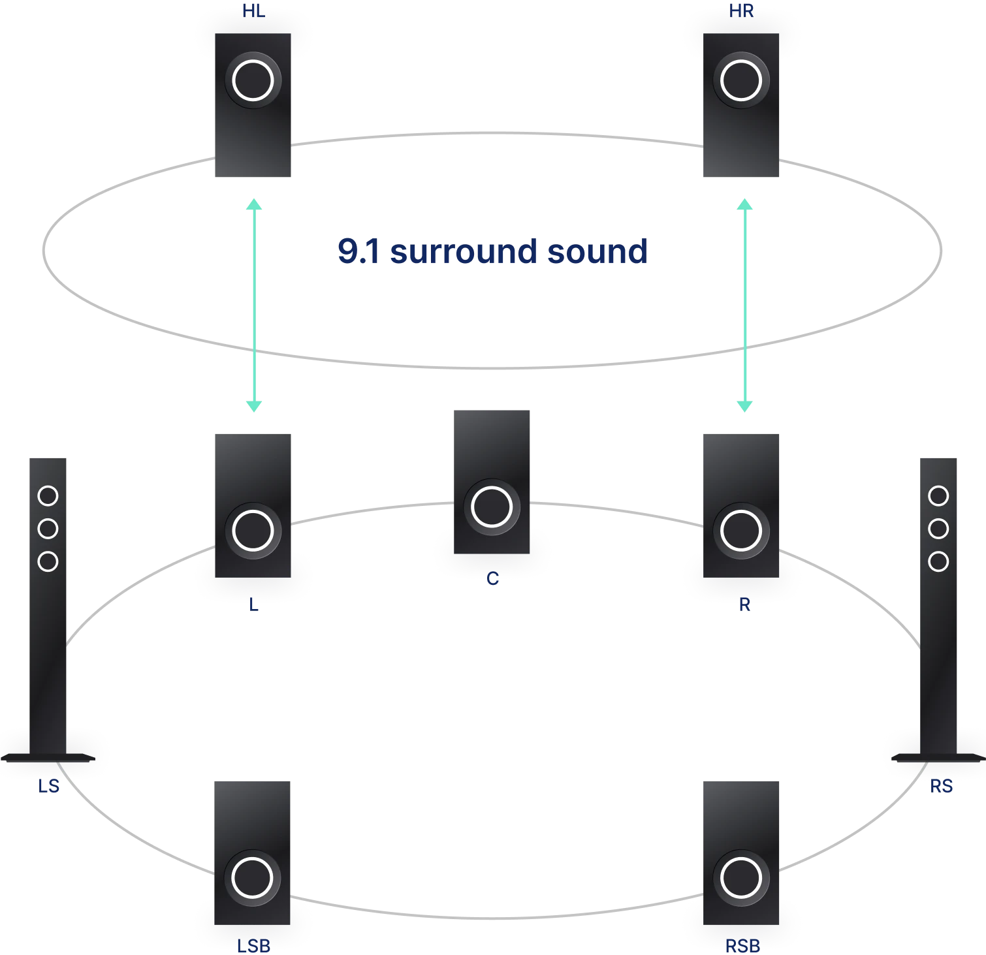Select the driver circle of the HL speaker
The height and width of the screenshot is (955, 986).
click(x=253, y=81)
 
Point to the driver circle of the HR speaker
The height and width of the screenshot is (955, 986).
click(x=741, y=81)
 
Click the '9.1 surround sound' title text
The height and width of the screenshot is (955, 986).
click(x=491, y=252)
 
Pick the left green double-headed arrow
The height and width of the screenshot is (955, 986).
click(x=254, y=305)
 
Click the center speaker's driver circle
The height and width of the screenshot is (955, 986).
click(x=491, y=507)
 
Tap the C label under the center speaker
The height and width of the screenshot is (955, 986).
click(x=493, y=579)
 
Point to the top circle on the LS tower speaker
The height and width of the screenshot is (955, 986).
click(x=48, y=496)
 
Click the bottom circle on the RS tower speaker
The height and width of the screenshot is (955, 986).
click(x=938, y=561)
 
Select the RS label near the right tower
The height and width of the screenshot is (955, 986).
click(x=941, y=786)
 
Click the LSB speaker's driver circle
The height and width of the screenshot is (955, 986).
click(x=253, y=878)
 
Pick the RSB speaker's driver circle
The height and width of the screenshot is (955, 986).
click(x=741, y=878)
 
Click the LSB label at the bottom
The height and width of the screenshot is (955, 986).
click(x=253, y=946)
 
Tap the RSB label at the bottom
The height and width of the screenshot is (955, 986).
click(x=743, y=946)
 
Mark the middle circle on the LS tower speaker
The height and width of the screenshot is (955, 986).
click(x=48, y=529)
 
